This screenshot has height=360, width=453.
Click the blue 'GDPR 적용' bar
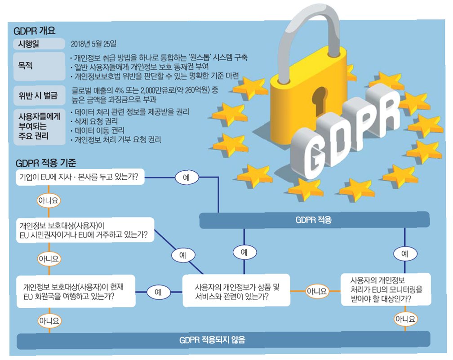tap(314, 220)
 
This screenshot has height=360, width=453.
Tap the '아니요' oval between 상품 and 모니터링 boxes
tap(317, 291)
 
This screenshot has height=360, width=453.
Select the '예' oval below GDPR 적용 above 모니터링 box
tap(404, 253)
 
